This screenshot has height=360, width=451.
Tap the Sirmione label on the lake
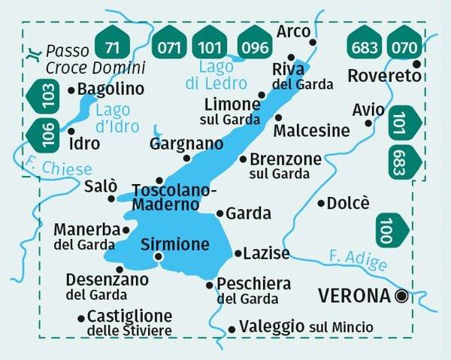pos(174,244)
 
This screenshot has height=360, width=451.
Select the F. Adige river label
pos(358,261)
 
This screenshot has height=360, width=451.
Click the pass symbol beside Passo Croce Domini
pos(34,53)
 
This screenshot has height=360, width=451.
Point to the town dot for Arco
pos(313,42)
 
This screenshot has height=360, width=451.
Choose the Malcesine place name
pos(312,132)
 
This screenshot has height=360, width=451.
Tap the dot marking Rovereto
pos(417,64)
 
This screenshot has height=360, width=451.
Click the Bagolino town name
pos(110,89)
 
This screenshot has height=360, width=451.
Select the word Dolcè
pos(350,203)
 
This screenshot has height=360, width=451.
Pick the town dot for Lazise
pos(238,254)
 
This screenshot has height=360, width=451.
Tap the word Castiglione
pos(129,316)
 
